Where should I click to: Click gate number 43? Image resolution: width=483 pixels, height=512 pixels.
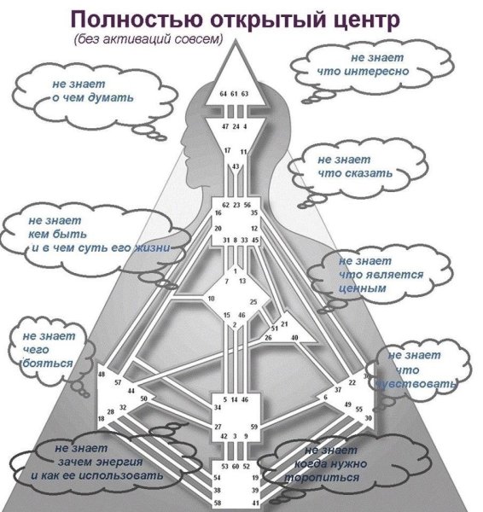coord(236,166)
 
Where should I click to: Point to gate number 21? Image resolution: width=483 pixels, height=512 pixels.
coord(285,323)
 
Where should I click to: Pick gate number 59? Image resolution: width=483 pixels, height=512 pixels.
coord(253,427)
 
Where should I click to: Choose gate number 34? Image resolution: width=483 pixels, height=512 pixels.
coord(218,408)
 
